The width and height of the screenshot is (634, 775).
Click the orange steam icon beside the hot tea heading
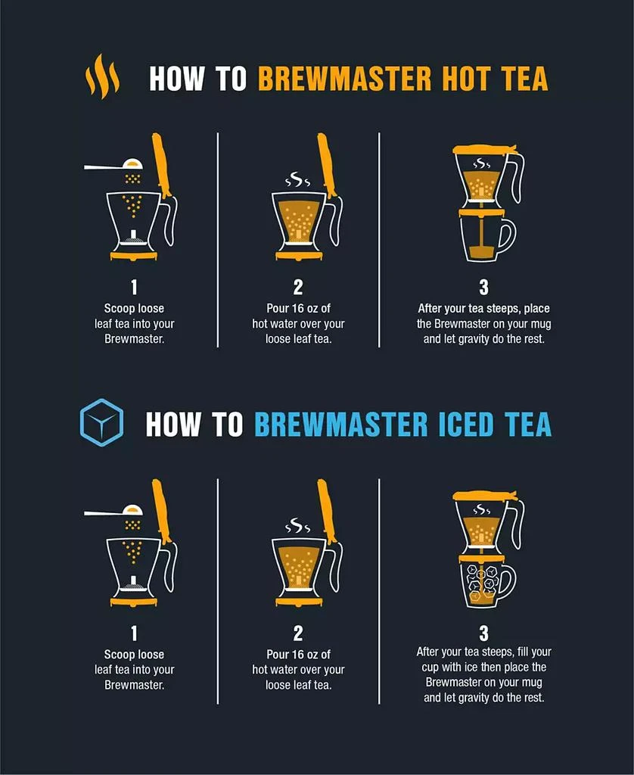pos(102,76)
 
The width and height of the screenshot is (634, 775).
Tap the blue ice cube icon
pos(101,422)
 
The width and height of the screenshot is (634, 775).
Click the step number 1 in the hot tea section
pos(133,288)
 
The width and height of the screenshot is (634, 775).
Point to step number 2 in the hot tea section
pos(298,288)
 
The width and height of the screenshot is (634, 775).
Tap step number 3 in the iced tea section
pos(483,633)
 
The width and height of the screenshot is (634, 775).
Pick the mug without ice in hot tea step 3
pos(485,238)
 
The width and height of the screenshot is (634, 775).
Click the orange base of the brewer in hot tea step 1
pos(134,256)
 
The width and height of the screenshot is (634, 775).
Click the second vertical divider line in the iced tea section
pos(379,590)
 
